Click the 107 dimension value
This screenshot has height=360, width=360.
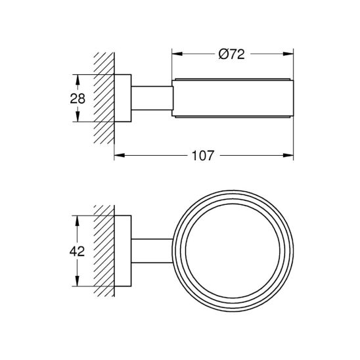[x=203, y=156]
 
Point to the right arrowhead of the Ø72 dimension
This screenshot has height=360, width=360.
[x=289, y=55]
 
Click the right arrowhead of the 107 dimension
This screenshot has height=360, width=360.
[x=289, y=156]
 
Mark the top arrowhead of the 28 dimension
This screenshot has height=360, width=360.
[x=79, y=78]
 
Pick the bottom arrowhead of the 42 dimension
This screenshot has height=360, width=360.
[x=79, y=284]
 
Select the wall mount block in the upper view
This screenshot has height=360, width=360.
[x=124, y=99]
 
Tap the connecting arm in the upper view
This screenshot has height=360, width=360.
[x=152, y=99]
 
